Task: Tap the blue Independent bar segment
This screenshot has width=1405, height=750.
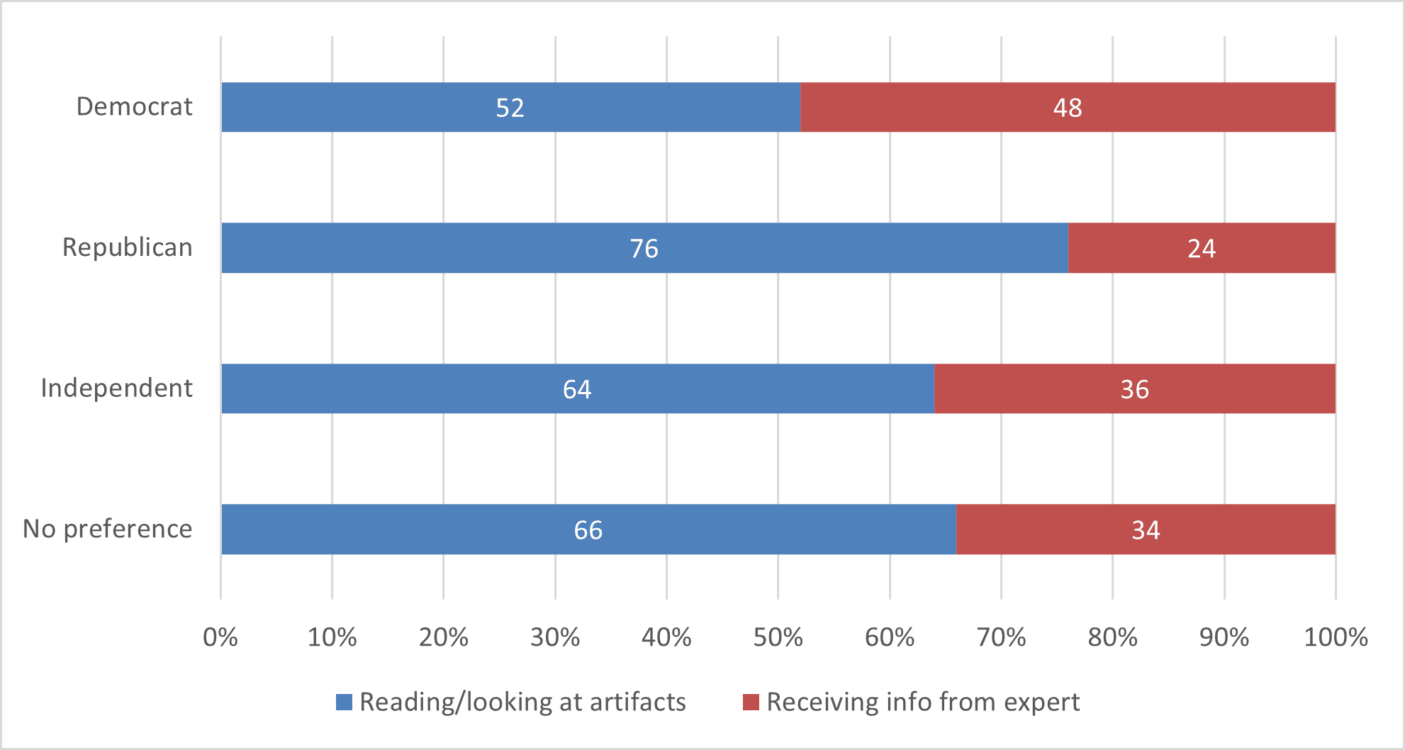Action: pos(425,388)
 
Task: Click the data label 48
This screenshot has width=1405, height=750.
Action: pos(1067,108)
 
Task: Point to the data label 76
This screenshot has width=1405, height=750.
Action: pos(644,249)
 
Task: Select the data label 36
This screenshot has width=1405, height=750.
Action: pos(1134,389)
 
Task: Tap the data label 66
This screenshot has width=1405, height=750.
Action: pos(588,530)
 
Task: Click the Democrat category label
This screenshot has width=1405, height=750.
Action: pos(134,106)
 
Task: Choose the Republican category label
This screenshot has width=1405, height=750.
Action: pos(127,247)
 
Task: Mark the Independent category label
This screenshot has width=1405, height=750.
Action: pos(116,388)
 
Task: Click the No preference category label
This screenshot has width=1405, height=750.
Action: pos(107,529)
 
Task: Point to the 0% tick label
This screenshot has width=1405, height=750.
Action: pos(220,637)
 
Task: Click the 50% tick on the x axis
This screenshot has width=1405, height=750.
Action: pos(778,637)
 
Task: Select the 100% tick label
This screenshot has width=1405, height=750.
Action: pos(1336,637)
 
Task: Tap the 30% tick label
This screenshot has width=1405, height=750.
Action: pos(554,637)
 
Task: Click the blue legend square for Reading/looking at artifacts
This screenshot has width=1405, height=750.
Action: pos(344,702)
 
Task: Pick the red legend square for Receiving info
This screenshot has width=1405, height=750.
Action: pos(751,702)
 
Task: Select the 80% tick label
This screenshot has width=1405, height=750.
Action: pos(1112,637)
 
